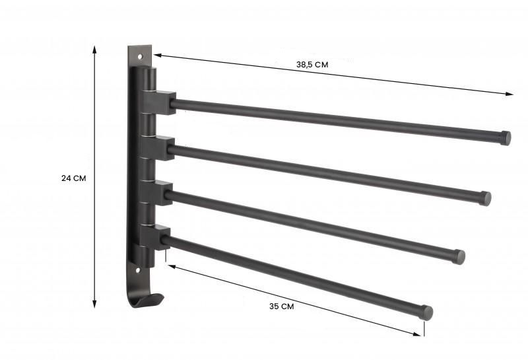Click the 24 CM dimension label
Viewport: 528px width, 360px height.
[x=73, y=178]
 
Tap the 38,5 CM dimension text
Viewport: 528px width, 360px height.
[x=312, y=64]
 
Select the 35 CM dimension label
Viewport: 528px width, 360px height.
[x=282, y=306]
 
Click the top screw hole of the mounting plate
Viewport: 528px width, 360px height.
[x=140, y=56]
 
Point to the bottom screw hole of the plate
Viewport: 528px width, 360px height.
[x=139, y=270]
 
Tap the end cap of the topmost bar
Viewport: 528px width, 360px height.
[x=506, y=138]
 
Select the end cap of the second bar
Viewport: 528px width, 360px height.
[x=486, y=198]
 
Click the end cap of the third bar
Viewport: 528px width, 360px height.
[x=459, y=257]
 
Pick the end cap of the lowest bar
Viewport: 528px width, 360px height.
[x=427, y=312]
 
